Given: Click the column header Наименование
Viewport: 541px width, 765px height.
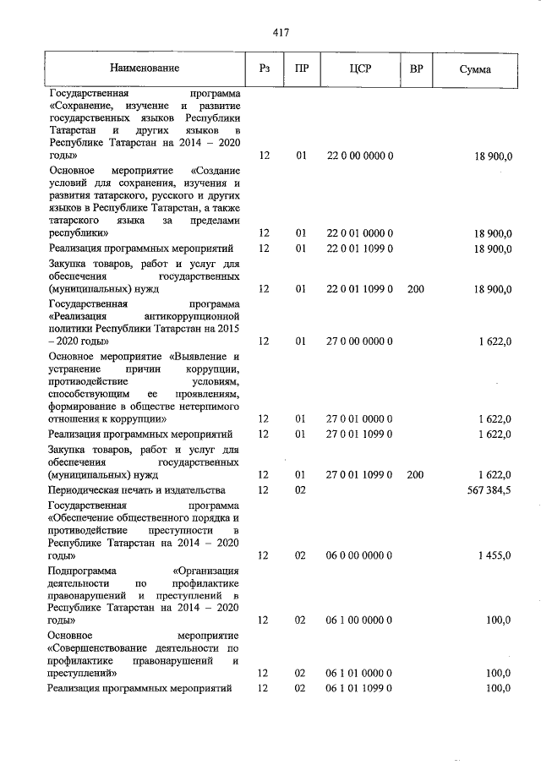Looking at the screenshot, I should click(x=145, y=68).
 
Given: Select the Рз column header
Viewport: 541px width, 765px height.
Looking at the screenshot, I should click(x=264, y=68).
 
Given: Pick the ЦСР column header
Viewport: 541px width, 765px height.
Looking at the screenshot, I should click(x=360, y=68).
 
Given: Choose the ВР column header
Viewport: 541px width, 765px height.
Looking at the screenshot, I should click(x=415, y=68).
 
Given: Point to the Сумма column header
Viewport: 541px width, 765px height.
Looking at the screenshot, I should click(x=475, y=69).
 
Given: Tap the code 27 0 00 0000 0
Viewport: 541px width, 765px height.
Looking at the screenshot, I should click(x=360, y=341).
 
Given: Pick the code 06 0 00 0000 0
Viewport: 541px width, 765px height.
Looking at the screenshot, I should click(x=360, y=555).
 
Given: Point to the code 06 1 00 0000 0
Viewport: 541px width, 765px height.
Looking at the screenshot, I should click(x=360, y=620).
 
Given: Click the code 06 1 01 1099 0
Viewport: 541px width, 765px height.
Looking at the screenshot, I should click(x=360, y=689).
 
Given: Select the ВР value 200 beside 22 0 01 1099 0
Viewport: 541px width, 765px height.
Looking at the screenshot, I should click(x=415, y=289).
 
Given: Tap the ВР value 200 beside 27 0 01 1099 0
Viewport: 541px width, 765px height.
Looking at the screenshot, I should click(x=415, y=475).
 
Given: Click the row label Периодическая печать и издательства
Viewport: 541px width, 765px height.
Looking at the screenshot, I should click(x=137, y=490).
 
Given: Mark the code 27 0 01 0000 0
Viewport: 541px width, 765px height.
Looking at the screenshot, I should click(x=360, y=418).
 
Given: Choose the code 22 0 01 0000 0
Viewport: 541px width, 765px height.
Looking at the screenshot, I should click(x=360, y=232).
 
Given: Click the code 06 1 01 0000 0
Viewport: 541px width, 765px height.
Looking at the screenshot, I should click(x=360, y=674).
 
